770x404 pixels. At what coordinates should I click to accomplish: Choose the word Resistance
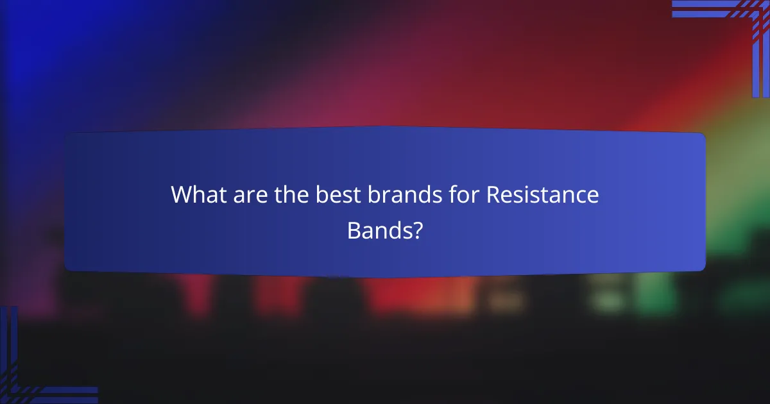click(543, 195)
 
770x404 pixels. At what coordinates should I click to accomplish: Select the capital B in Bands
click(354, 230)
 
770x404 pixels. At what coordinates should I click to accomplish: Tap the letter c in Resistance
click(581, 197)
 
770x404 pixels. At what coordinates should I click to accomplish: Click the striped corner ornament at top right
click(744, 26)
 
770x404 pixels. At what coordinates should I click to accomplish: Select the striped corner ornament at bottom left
click(26, 378)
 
